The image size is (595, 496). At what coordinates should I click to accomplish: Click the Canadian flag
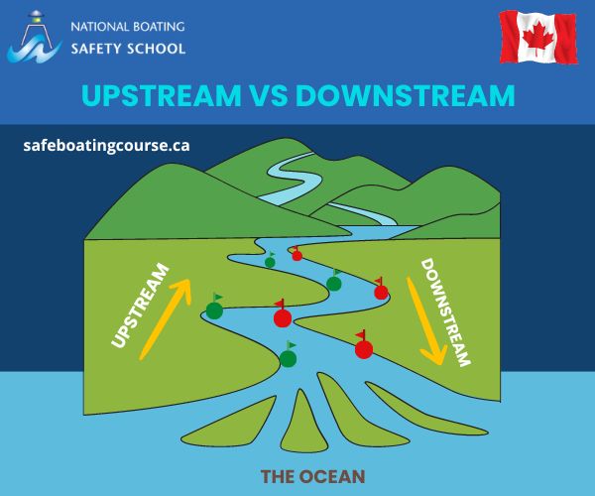tap(537, 39)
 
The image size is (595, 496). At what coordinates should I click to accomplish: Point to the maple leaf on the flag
tap(537, 39)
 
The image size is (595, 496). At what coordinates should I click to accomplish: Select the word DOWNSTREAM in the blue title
tap(405, 95)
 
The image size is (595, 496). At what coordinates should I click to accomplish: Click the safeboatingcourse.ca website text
tap(106, 145)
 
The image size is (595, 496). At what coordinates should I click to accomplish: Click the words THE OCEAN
tap(312, 476)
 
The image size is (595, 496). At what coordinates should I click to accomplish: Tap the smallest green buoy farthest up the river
tap(270, 263)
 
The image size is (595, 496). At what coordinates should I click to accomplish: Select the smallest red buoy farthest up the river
tap(297, 255)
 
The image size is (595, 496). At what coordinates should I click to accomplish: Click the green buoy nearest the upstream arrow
tap(214, 310)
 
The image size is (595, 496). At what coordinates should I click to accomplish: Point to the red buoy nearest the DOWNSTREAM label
tap(381, 292)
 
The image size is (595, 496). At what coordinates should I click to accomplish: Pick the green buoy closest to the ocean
tap(288, 357)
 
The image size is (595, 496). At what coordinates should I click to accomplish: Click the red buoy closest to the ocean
tap(364, 348)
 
